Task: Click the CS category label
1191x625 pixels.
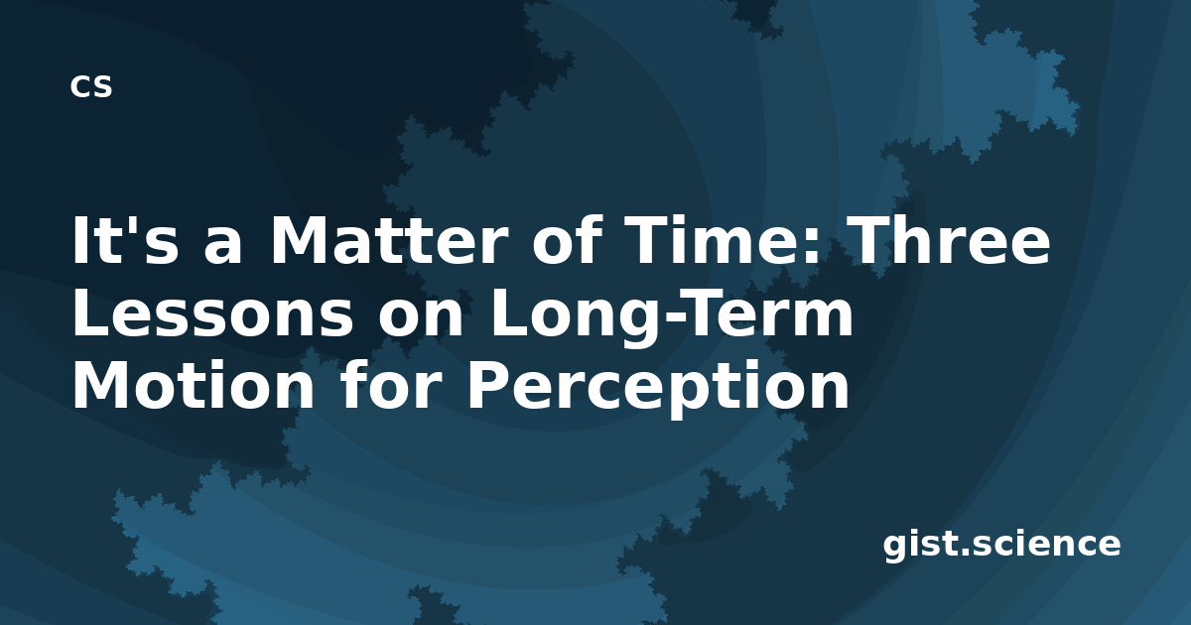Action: coord(91,86)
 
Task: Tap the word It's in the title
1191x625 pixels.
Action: coord(125,239)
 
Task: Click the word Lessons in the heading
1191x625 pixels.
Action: coord(212,313)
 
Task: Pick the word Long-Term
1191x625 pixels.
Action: coord(671,317)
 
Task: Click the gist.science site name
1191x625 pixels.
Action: coord(1001,545)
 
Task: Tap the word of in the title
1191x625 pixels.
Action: coord(563,239)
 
